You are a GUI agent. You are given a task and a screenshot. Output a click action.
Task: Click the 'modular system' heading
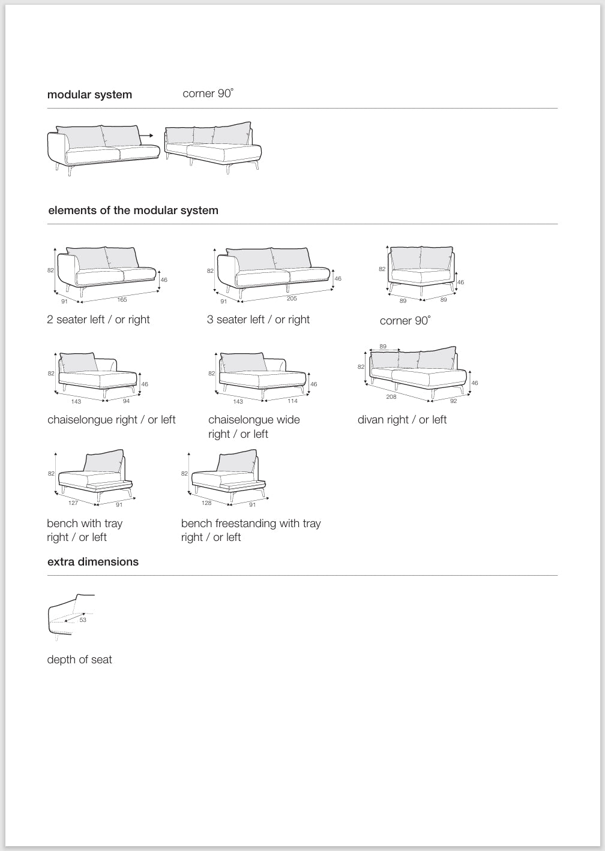pyautogui.click(x=89, y=95)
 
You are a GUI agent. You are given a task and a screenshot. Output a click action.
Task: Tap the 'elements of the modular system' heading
pyautogui.click(x=133, y=211)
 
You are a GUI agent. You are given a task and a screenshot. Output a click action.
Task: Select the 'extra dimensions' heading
pyautogui.click(x=93, y=562)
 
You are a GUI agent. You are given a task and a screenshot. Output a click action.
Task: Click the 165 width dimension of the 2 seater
pyautogui.click(x=122, y=299)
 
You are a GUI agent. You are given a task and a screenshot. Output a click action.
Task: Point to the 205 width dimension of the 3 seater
pyautogui.click(x=292, y=299)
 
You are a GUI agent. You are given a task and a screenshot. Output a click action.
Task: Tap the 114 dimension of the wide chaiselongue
pyautogui.click(x=292, y=401)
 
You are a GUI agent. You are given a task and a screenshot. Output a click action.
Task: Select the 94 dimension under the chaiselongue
pyautogui.click(x=126, y=401)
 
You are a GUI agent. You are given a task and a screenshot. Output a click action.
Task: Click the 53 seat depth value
pyautogui.click(x=83, y=620)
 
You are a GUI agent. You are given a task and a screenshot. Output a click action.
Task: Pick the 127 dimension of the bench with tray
pyautogui.click(x=73, y=503)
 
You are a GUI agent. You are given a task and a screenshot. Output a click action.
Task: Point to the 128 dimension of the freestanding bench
pyautogui.click(x=206, y=503)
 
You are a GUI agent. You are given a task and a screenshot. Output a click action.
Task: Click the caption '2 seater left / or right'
pyautogui.click(x=98, y=320)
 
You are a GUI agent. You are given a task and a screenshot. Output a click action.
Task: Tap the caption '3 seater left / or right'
pyautogui.click(x=258, y=320)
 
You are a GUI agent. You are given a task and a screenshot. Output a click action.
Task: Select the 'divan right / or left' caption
pyautogui.click(x=402, y=420)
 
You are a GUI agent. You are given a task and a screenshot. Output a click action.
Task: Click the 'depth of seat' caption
pyautogui.click(x=80, y=660)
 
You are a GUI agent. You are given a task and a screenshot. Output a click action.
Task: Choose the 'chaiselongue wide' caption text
pyautogui.click(x=254, y=420)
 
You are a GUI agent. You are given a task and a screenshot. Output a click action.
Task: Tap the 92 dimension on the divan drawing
pyautogui.click(x=454, y=401)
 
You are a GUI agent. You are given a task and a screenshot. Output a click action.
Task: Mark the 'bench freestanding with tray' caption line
pyautogui.click(x=251, y=524)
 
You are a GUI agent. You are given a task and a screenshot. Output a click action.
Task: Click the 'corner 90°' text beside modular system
pyautogui.click(x=208, y=94)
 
